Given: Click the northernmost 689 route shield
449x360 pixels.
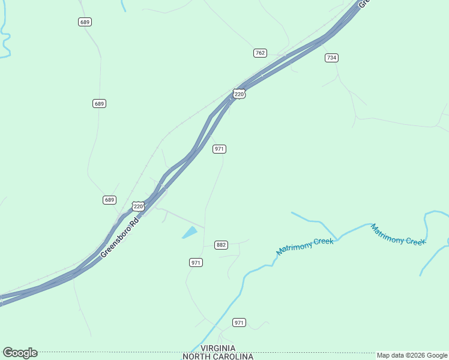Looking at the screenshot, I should (85, 22).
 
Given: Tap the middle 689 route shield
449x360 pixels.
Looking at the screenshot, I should (100, 104).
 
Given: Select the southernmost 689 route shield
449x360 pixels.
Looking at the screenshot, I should (109, 200).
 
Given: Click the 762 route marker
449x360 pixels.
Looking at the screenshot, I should (260, 53).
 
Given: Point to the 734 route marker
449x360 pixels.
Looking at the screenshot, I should (331, 58).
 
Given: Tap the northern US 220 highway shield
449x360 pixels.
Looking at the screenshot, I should (239, 94).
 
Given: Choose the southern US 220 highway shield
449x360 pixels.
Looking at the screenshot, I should (138, 206).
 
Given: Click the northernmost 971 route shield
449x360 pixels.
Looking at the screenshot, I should (219, 149).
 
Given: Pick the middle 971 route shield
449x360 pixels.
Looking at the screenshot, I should (196, 263).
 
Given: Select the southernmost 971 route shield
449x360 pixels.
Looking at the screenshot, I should (240, 323).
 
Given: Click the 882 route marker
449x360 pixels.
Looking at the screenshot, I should (221, 245).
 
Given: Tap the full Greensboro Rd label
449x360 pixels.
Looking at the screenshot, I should (119, 238).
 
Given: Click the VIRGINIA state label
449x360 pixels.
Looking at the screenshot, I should (218, 349).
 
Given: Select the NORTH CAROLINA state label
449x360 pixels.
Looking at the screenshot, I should (218, 356).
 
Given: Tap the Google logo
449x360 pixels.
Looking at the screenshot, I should (20, 353).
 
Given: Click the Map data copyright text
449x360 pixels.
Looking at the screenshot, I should (412, 356).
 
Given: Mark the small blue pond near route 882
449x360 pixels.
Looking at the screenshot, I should (190, 232).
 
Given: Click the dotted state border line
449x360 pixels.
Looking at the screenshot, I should (120, 353).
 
